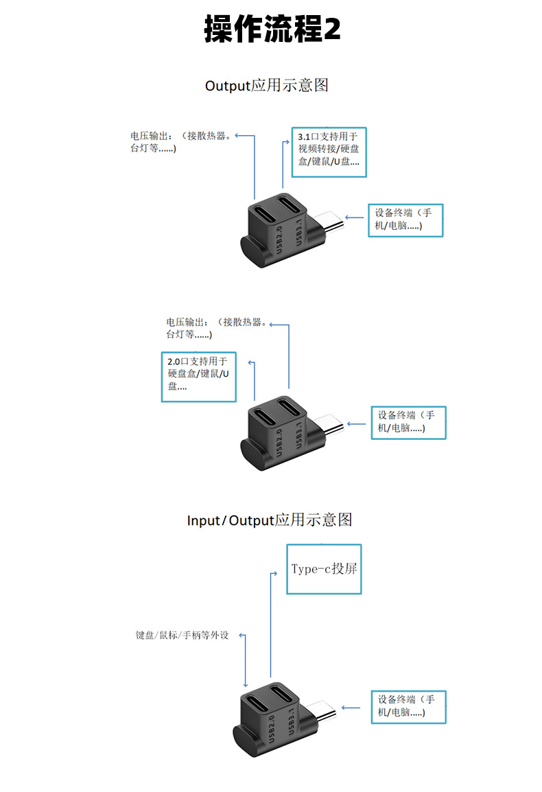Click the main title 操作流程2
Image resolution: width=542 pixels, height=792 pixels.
pos(272,30)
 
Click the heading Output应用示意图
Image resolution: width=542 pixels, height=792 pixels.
pos(267,85)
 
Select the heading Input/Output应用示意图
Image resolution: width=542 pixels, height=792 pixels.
pos(270,520)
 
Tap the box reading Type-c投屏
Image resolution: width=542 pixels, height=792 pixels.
pos(324,569)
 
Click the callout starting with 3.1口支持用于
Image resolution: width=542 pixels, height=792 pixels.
pos(329,152)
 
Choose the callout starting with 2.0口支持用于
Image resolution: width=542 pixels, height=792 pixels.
pos(199,376)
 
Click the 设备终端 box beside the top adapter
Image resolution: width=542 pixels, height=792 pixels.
pos(405,220)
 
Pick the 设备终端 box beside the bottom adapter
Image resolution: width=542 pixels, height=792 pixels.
pos(408,706)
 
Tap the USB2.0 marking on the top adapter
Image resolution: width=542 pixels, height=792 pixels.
pos(278,241)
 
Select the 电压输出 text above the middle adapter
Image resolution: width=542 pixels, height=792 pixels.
pos(215,328)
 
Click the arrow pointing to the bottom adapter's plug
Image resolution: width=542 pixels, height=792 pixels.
pos(351,707)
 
